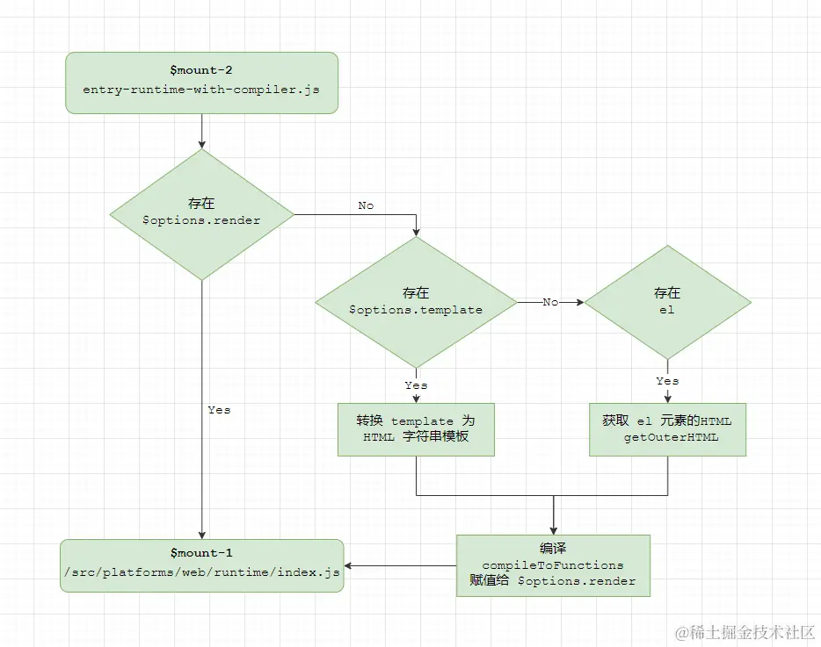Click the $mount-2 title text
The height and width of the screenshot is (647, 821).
[x=201, y=68]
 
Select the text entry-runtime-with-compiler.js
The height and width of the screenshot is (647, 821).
[x=201, y=90]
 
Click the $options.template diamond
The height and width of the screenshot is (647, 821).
[x=416, y=301]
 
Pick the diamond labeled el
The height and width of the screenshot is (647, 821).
[x=667, y=301]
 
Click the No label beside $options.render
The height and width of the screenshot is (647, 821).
[x=366, y=205]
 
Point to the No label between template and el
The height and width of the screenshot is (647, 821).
[x=550, y=302]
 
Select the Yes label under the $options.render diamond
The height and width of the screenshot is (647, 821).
[x=219, y=410]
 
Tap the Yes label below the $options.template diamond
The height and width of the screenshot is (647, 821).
[x=416, y=385]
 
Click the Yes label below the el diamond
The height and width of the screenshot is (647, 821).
[x=667, y=381]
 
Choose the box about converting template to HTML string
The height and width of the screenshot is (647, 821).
[x=416, y=429]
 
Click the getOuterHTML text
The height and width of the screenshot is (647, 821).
[x=671, y=437]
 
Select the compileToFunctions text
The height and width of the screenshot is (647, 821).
[x=553, y=564]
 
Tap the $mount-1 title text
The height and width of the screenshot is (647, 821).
[x=201, y=553]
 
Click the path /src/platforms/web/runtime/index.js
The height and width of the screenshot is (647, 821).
[x=201, y=573]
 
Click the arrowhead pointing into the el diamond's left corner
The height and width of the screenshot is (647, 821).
[x=578, y=302]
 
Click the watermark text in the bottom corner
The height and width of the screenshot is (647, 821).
[x=745, y=631]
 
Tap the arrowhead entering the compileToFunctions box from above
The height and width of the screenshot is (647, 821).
[x=554, y=529]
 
